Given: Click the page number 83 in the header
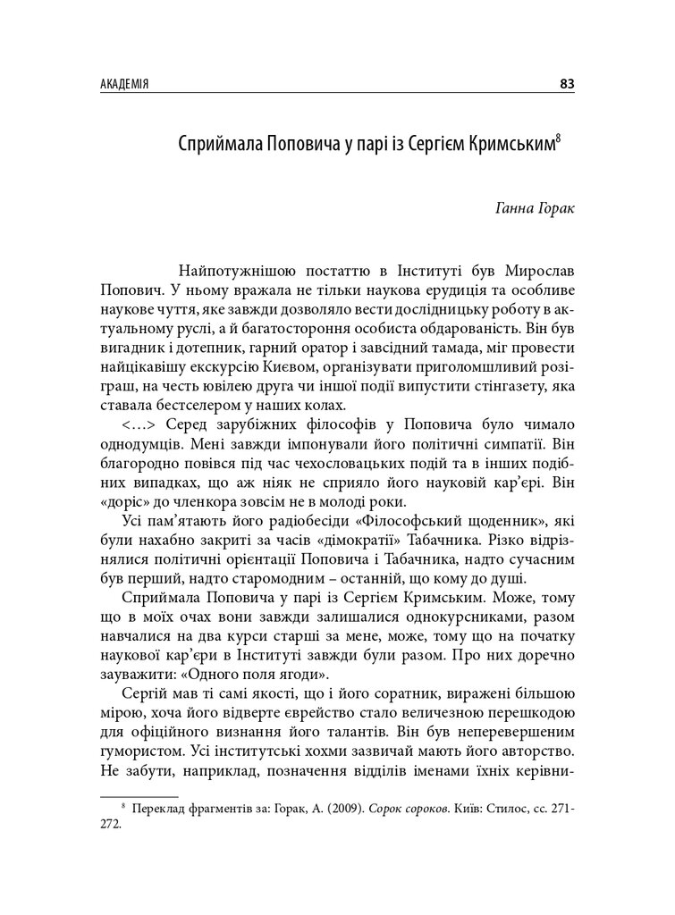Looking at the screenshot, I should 566,85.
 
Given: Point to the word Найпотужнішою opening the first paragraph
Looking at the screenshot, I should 234,269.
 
